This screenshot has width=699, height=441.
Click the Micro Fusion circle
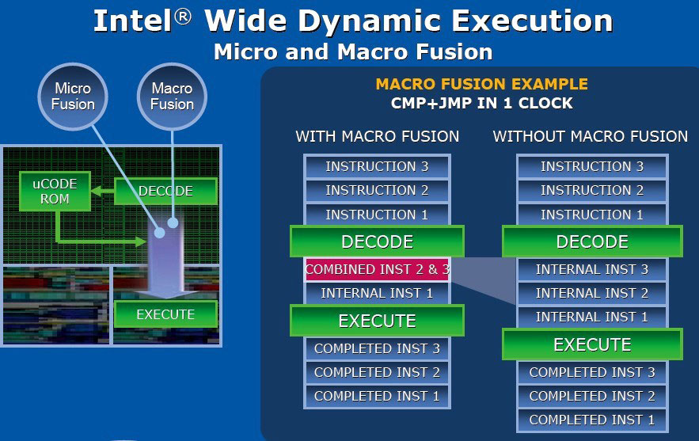click(73, 97)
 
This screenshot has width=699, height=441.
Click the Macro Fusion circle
click(172, 97)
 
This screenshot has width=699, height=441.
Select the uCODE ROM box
click(55, 192)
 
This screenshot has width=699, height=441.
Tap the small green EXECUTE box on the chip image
click(165, 314)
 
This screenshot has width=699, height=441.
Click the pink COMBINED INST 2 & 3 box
click(377, 269)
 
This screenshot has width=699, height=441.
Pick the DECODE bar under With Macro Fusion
click(377, 241)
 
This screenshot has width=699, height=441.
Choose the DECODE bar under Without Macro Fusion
click(592, 241)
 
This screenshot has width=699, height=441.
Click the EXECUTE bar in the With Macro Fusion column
click(377, 321)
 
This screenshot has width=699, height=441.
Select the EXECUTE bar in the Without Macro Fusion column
click(592, 344)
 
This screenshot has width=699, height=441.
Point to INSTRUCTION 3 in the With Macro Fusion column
click(377, 166)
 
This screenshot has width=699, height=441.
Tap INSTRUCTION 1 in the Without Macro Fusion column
click(592, 215)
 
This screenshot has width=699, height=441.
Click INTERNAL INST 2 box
click(592, 293)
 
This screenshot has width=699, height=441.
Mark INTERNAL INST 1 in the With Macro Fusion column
click(377, 293)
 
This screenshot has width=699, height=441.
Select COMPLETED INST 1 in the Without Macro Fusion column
click(592, 420)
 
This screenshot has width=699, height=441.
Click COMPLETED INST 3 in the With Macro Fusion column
click(377, 348)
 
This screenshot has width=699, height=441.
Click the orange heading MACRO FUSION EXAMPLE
click(482, 84)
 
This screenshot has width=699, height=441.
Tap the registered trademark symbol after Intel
click(182, 17)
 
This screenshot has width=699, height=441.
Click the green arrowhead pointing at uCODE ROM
click(97, 192)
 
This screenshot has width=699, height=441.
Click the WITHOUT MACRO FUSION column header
click(591, 136)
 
